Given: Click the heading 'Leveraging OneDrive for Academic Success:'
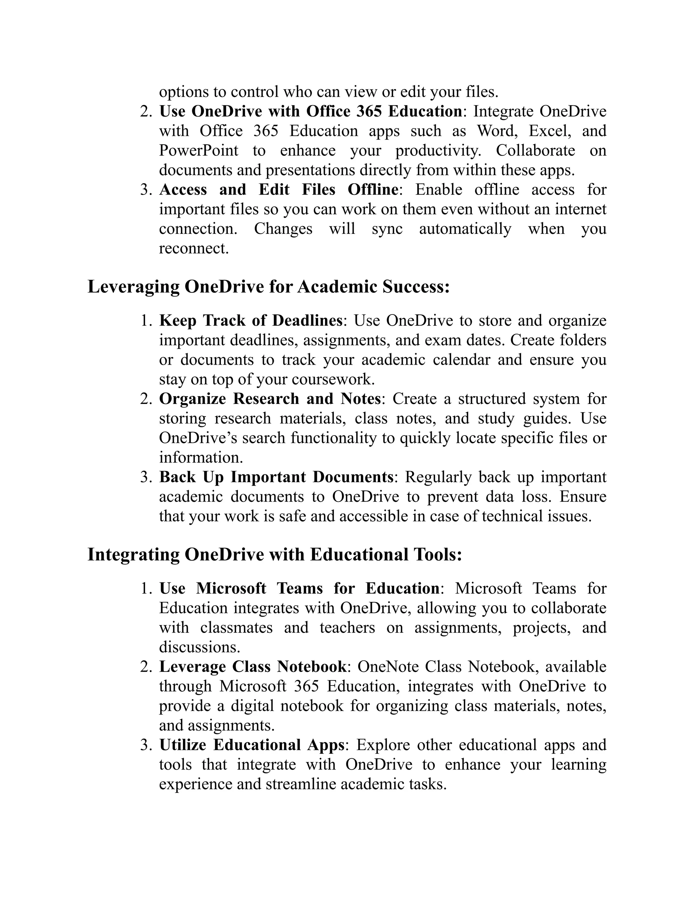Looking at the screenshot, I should (x=268, y=287).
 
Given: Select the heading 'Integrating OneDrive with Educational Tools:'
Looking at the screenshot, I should (x=274, y=554).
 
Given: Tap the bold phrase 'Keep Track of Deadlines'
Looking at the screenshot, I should (x=250, y=320).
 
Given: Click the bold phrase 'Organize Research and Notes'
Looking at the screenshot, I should (x=270, y=399).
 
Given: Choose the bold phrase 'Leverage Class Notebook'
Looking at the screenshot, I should (x=253, y=666).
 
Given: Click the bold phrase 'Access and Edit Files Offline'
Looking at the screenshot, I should (x=278, y=189).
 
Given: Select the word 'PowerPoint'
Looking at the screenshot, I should (x=198, y=150).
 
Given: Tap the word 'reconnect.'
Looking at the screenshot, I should (x=193, y=248).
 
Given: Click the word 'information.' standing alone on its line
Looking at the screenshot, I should (x=201, y=457).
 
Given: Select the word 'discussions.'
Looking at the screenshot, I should (x=199, y=647).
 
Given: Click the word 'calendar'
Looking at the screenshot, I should (x=461, y=360).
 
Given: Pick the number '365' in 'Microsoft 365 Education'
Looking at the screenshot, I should (x=307, y=686).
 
